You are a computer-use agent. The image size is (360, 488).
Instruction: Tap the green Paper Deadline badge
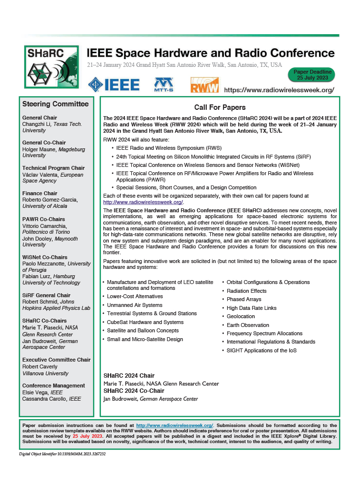312,75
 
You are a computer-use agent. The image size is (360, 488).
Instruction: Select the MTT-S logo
164,84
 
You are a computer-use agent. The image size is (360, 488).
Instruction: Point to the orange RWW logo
204,85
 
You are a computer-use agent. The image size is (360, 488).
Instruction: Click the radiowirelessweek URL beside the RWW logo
285,90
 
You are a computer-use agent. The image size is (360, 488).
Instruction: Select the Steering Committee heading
56,104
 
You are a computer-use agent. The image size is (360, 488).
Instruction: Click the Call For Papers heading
220,107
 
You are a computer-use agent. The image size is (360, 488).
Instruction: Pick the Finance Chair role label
40,193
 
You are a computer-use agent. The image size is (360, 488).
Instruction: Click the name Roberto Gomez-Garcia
52,200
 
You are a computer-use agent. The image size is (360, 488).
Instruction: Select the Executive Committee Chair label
57,360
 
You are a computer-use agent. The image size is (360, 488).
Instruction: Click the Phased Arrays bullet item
244,300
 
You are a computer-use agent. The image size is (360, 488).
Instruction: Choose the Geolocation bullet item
241,316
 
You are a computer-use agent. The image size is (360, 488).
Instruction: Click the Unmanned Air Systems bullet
134,305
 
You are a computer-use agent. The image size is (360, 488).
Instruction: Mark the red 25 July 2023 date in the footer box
88,436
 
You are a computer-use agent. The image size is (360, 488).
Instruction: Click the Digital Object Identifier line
62,454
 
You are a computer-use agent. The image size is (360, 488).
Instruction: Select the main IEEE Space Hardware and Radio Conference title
210,53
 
